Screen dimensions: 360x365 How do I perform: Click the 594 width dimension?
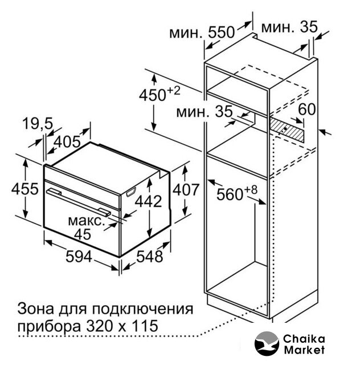click(79, 257)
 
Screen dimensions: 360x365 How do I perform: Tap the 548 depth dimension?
click(150, 257)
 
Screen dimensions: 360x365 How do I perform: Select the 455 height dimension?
click(25, 189)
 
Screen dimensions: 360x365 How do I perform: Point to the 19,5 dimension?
click(38, 124)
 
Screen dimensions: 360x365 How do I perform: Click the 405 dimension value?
click(67, 141)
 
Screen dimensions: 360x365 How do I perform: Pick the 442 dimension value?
click(148, 201)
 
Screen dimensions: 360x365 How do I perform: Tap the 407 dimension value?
click(186, 189)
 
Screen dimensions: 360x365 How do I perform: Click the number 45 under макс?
click(83, 234)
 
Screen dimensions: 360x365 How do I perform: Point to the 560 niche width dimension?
click(237, 193)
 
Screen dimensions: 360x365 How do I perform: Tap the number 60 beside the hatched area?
click(307, 109)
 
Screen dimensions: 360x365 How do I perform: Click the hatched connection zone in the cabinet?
click(287, 129)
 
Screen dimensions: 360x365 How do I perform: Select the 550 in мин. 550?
click(221, 32)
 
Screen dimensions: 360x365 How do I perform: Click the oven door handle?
click(79, 202)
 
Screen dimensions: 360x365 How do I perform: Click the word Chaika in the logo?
click(304, 339)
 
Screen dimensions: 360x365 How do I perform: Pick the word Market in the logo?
click(304, 350)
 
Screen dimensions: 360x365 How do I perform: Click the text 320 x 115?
click(122, 326)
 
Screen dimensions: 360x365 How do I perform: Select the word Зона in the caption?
click(36, 309)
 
